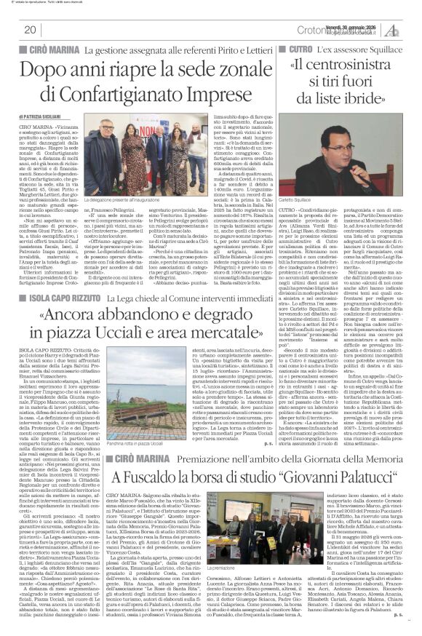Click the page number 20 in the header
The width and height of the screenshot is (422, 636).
[x=30, y=30]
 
